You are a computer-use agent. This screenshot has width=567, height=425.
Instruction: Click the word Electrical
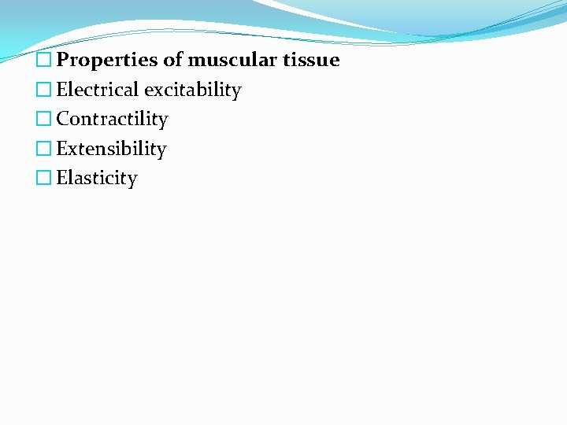(x=98, y=90)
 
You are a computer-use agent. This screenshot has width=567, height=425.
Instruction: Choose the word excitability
(x=192, y=91)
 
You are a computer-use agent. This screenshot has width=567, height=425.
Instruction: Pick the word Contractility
(x=112, y=120)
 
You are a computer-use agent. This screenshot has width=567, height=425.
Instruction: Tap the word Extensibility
(x=111, y=149)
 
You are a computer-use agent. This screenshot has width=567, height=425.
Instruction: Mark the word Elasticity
(x=97, y=179)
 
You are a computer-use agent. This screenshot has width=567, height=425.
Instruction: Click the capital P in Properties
(x=63, y=61)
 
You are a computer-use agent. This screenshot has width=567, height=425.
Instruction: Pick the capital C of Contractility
(x=63, y=120)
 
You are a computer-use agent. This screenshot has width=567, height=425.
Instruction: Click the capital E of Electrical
(x=62, y=90)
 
